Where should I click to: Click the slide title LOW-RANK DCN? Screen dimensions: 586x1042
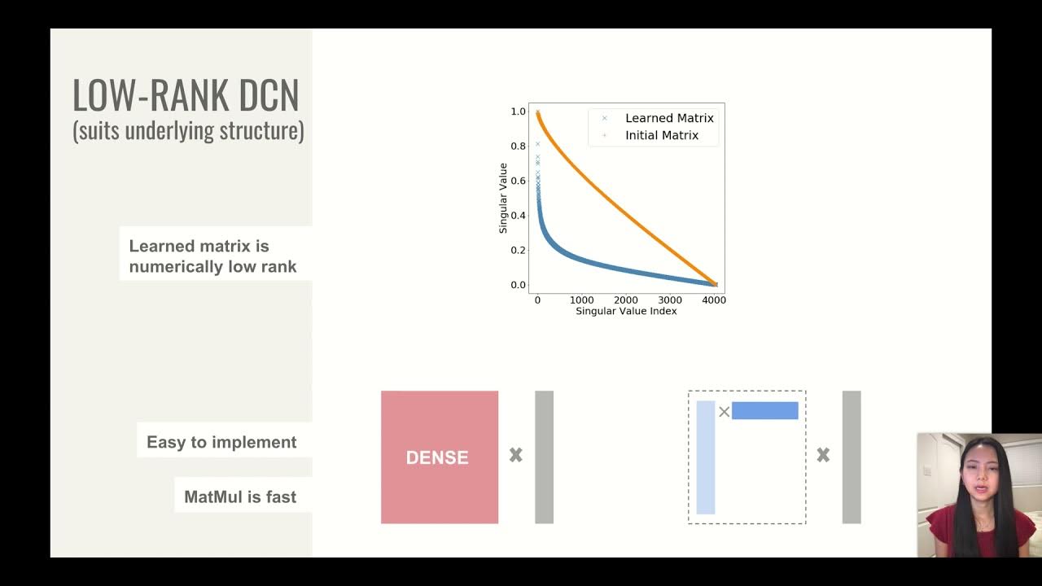tap(186, 95)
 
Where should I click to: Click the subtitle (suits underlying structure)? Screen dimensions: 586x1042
tap(188, 130)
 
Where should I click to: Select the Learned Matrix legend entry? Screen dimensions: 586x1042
tap(668, 118)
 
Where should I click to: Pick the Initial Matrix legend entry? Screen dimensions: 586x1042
tap(661, 135)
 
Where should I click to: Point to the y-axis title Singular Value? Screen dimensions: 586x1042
tap(503, 198)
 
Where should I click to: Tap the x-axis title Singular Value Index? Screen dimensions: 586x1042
tap(626, 311)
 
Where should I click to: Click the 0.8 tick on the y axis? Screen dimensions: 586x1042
tap(518, 146)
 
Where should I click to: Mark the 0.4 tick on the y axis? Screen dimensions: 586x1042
tap(518, 216)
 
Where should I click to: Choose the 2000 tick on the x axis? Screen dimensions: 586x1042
tap(626, 300)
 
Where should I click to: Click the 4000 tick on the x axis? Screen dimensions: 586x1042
tap(714, 300)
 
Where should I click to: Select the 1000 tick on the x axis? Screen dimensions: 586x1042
tap(581, 300)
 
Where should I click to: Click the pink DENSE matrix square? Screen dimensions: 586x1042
tap(440, 457)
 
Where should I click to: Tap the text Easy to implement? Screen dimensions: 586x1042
tap(221, 442)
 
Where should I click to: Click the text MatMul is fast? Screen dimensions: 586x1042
tap(240, 496)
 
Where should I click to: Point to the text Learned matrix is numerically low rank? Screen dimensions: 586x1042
tap(212, 256)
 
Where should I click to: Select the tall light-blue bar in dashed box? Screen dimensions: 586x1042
tap(706, 457)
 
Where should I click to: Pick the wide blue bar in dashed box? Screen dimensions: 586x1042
tap(764, 411)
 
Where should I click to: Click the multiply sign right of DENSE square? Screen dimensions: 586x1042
tap(516, 456)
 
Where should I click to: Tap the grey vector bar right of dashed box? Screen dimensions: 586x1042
tap(852, 457)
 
